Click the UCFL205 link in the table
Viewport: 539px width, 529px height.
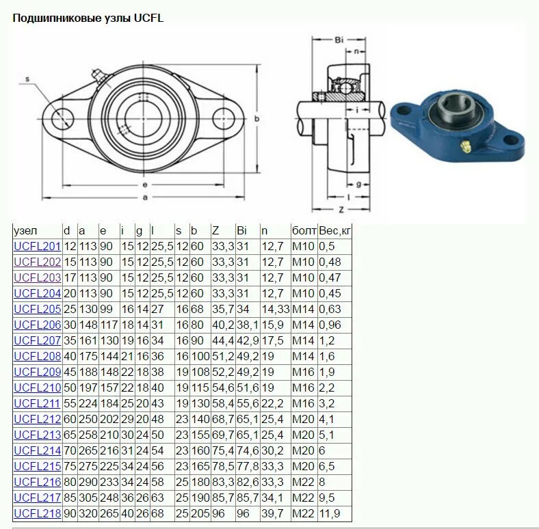(37, 308)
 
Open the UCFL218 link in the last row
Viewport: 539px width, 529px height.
(37, 513)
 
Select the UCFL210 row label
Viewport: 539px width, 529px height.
(37, 387)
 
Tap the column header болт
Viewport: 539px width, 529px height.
(304, 230)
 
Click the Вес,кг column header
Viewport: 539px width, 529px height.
(334, 230)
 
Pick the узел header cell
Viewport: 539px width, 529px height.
(25, 230)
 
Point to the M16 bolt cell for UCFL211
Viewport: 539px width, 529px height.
(303, 403)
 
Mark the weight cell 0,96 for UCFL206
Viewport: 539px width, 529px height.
(330, 324)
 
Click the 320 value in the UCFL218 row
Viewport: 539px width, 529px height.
(88, 513)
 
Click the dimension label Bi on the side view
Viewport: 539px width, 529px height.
(339, 40)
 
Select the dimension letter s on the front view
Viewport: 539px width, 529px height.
(28, 79)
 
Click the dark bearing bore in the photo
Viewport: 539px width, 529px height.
(453, 107)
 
